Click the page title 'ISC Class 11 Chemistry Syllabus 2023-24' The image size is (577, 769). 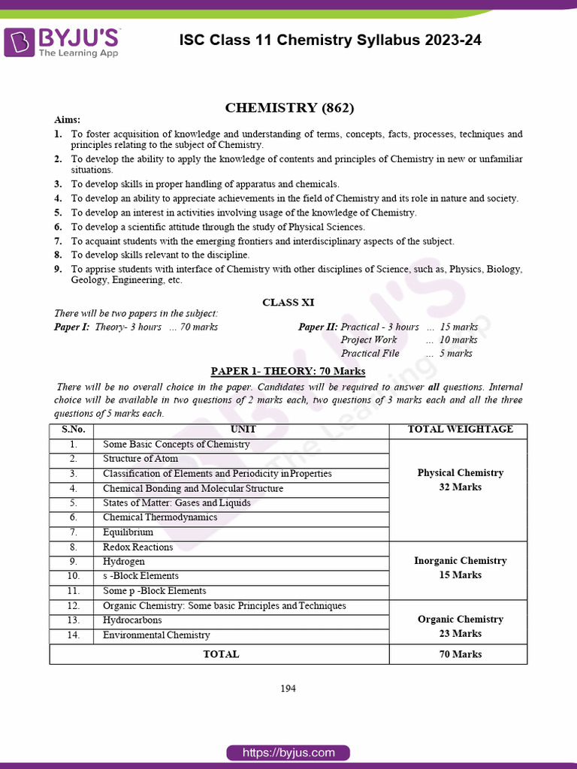coord(331,41)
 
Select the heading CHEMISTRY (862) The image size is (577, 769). coord(289,107)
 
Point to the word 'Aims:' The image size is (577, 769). coord(67,120)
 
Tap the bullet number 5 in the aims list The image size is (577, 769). coord(58,213)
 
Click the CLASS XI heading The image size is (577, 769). coord(288,303)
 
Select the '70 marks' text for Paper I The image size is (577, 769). coord(200,327)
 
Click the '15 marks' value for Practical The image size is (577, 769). coord(458,327)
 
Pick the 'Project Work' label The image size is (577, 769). coord(369,340)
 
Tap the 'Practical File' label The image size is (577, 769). coord(370,353)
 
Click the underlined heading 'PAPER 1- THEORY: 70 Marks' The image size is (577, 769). coord(288,371)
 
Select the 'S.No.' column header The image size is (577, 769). coord(73,430)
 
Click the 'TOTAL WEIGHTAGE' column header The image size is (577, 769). coord(460,430)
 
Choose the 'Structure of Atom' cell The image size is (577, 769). coord(140,459)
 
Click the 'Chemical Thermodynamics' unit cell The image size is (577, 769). coord(160,517)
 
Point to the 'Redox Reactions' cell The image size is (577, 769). coord(137,547)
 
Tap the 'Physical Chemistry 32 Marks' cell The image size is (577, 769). coord(460,480)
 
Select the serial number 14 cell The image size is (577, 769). coord(73,635)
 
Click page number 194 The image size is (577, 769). coord(288,689)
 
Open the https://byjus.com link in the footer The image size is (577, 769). coord(288,752)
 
